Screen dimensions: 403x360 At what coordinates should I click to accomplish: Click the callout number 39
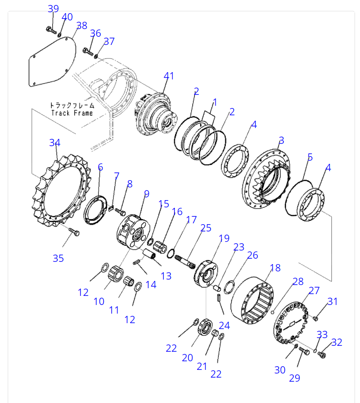click(x=53, y=9)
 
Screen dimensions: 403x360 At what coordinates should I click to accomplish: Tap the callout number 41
click(x=169, y=76)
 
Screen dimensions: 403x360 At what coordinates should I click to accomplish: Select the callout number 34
click(x=54, y=143)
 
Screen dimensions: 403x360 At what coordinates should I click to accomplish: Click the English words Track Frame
click(x=72, y=113)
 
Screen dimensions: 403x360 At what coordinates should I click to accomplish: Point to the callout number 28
click(x=298, y=281)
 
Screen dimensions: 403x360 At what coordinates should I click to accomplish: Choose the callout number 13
click(x=166, y=276)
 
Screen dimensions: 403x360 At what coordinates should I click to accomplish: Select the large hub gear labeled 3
click(x=268, y=177)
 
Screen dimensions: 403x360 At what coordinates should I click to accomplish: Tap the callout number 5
click(x=310, y=157)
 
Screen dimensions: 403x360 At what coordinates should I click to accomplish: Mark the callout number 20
click(x=187, y=358)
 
